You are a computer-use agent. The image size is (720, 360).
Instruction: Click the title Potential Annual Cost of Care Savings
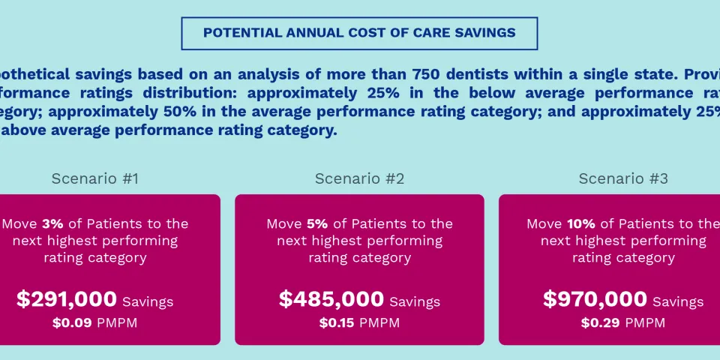coord(359,33)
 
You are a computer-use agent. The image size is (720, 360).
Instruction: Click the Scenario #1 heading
coord(94,178)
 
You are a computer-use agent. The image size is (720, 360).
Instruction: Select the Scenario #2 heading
coord(359,178)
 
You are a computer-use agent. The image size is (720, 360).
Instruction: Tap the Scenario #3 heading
coord(623,178)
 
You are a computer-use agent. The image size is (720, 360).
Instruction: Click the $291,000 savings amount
coord(67,299)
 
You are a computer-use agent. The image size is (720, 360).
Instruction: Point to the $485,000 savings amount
coord(331,299)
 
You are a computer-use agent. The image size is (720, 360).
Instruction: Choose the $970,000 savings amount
coord(595,299)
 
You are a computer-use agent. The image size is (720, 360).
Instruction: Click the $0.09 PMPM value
coord(68,323)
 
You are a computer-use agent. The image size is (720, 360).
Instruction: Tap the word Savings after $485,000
coord(415,302)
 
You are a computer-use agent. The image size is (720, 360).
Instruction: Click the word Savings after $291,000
coord(148,302)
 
